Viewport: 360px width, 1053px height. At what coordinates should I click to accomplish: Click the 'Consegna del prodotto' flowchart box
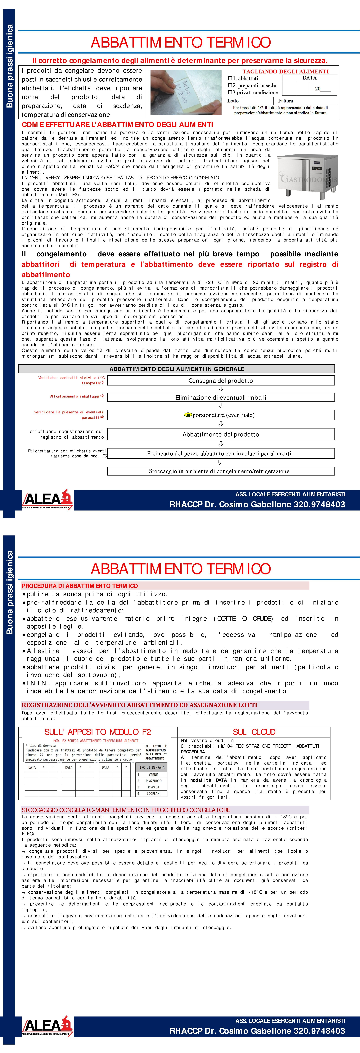221,381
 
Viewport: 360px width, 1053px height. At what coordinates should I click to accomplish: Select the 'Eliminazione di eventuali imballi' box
221,397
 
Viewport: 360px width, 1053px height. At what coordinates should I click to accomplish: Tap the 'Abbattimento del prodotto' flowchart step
221,434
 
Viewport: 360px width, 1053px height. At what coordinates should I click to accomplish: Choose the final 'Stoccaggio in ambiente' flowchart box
221,471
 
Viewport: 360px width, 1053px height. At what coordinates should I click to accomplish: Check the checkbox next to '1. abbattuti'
230,78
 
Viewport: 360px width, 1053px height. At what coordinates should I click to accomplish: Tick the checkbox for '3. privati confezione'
230,92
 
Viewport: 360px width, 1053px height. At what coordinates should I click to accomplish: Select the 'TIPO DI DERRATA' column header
151,767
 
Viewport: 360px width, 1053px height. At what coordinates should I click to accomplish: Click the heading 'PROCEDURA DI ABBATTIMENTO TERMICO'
80,586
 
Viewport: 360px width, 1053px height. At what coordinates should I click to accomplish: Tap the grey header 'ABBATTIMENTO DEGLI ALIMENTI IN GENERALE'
177,369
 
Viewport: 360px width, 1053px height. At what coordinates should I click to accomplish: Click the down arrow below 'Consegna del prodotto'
221,389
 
